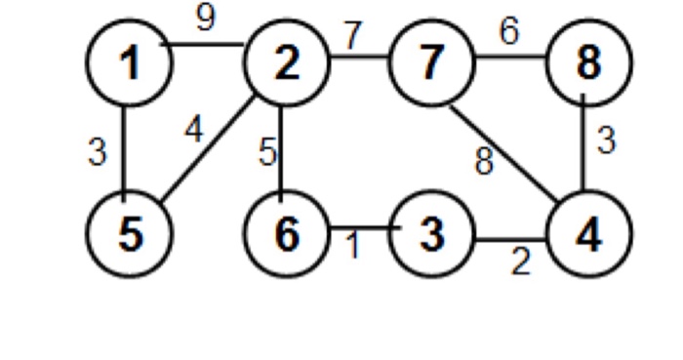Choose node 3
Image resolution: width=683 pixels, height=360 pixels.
point(429,237)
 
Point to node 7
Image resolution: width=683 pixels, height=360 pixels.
point(429,65)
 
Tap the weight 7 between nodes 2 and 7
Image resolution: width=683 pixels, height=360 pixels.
point(353,36)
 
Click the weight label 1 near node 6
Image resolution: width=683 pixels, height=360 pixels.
point(355,246)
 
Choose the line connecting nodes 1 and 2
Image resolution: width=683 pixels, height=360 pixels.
point(207,44)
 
